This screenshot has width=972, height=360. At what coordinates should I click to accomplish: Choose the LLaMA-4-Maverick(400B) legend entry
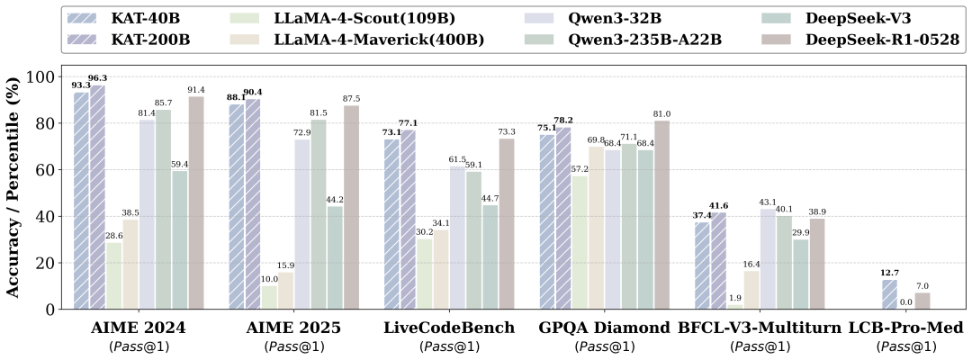[378, 40]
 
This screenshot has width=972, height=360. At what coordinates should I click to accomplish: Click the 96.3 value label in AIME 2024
[97, 78]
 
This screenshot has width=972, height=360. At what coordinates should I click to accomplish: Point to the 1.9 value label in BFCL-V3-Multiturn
[736, 298]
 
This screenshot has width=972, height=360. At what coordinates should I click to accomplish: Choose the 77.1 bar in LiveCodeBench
[409, 220]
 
